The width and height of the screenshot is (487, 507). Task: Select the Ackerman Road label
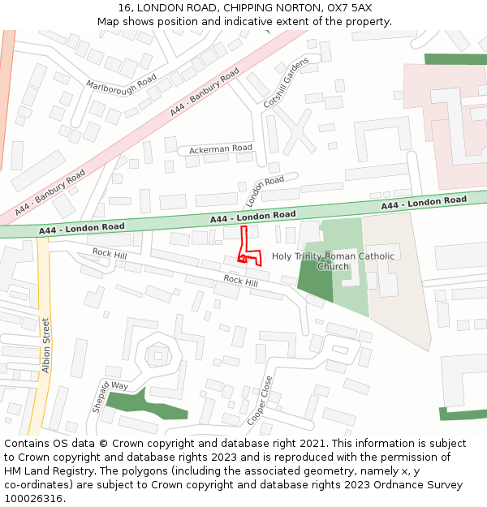pyautogui.click(x=221, y=149)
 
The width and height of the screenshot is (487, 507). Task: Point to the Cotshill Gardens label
pyautogui.click(x=287, y=83)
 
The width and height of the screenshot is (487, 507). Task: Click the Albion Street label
pyautogui.click(x=45, y=346)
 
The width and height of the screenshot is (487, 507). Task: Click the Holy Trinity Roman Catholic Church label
pyautogui.click(x=333, y=261)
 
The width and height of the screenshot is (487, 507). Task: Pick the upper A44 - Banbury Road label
pyautogui.click(x=205, y=92)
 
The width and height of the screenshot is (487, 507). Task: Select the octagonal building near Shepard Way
pyautogui.click(x=154, y=354)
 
